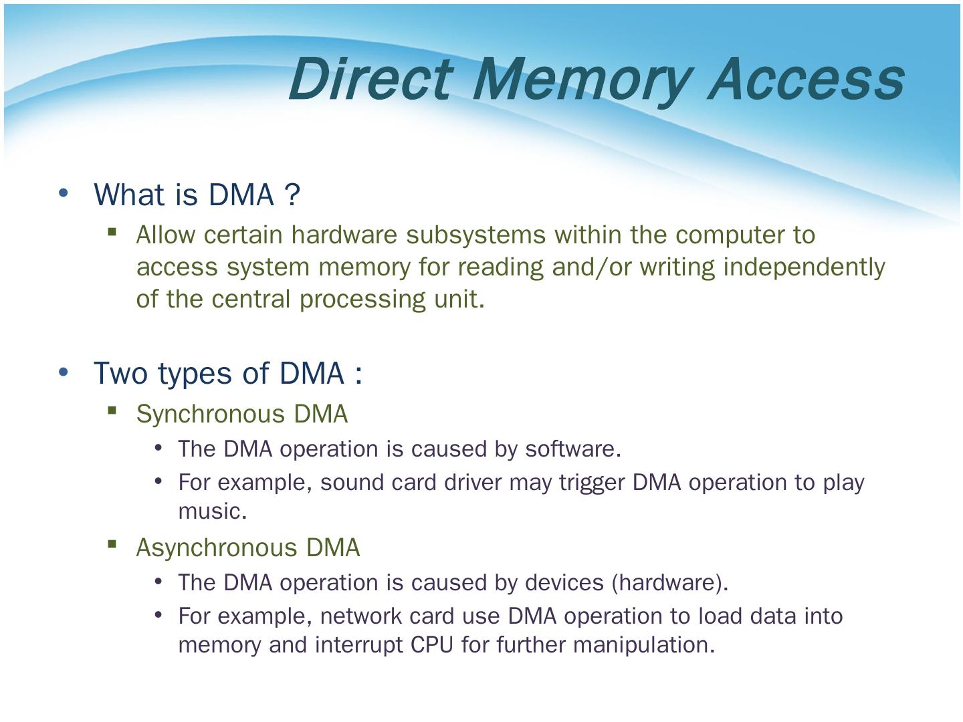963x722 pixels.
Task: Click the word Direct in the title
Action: click(372, 78)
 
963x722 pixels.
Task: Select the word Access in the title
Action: click(805, 78)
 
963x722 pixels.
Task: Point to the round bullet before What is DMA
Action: click(64, 193)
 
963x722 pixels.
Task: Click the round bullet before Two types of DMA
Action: click(64, 372)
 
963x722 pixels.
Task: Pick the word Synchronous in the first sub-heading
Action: click(211, 414)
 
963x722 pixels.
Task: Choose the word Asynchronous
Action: click(217, 548)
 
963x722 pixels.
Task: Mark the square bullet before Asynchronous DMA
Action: click(112, 544)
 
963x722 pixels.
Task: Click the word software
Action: click(572, 449)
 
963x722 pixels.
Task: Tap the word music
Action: click(212, 511)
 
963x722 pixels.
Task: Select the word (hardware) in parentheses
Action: click(669, 582)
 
